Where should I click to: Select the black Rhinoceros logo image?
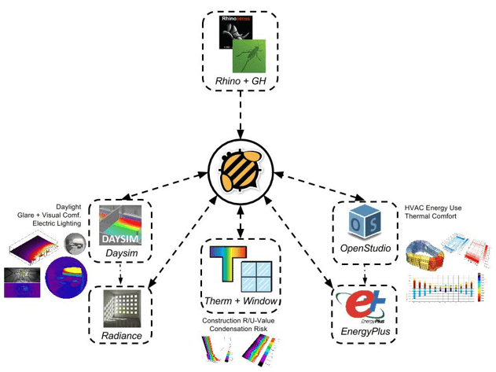pos(235,35)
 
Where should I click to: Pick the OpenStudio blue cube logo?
pos(365,224)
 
